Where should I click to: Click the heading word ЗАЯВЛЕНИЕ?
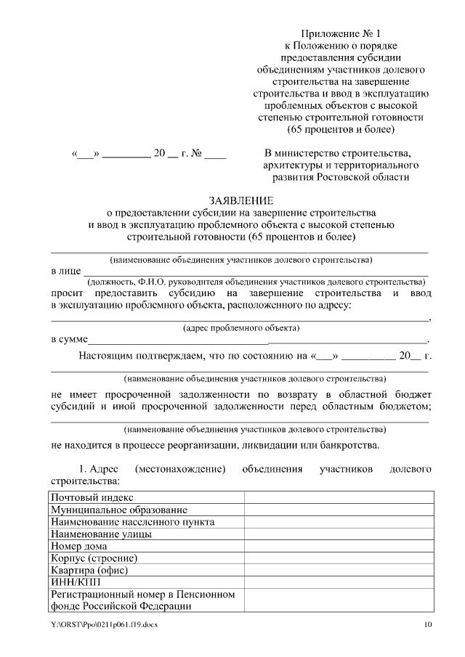(240, 200)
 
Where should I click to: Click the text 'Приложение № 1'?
(341, 33)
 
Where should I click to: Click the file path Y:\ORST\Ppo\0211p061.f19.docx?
(104, 625)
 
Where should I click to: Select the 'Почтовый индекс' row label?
(92, 497)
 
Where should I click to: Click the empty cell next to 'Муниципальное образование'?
(339, 510)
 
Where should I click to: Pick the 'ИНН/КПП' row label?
(73, 581)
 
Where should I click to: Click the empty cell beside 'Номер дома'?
(339, 546)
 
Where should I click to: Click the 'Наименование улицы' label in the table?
(101, 534)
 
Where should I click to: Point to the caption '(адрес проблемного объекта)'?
(241, 328)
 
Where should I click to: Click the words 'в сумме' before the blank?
(69, 339)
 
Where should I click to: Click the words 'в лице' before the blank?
(66, 271)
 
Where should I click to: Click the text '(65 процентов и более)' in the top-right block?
(341, 130)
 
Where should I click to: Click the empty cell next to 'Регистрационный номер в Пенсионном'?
(339, 600)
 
